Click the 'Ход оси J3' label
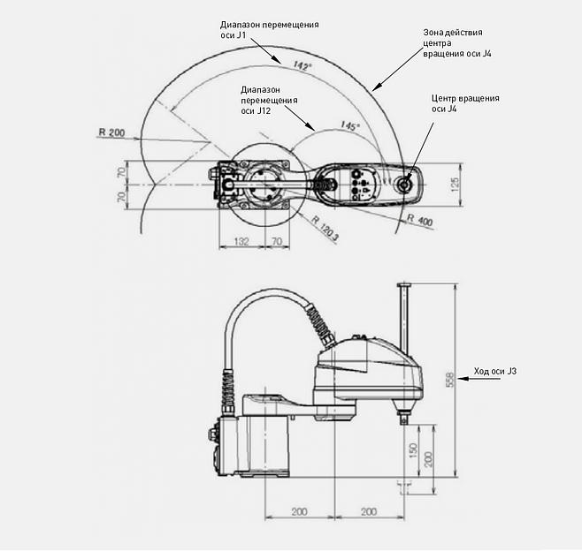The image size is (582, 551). click(495, 372)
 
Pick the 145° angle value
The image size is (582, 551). click(350, 127)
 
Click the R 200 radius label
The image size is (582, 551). click(112, 132)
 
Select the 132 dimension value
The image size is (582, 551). click(240, 240)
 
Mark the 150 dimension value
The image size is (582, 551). click(413, 450)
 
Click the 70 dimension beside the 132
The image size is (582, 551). click(276, 240)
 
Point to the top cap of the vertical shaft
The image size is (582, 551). click(406, 284)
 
